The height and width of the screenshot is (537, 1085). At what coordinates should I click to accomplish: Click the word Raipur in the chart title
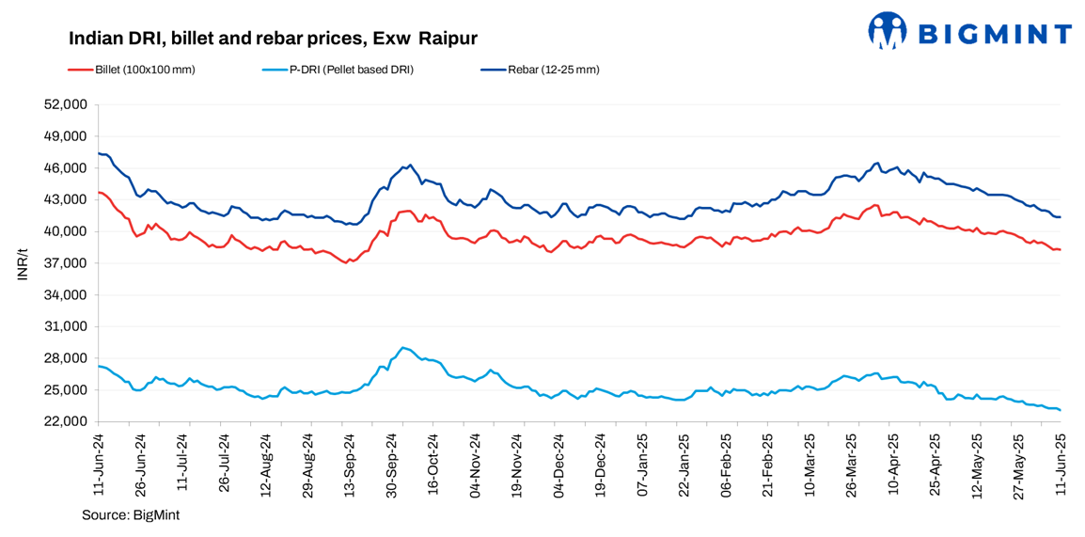pos(448,39)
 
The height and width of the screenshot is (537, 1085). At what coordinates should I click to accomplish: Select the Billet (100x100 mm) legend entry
pos(142,70)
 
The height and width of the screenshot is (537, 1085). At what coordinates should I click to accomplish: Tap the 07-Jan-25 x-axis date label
pos(643,464)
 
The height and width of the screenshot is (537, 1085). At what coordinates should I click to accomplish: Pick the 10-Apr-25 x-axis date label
pos(893,464)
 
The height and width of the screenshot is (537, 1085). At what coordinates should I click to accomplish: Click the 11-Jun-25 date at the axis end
pos(1061,464)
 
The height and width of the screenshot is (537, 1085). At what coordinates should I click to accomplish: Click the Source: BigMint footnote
pos(130,515)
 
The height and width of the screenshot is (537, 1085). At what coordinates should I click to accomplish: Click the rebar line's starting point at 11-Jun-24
pos(99,153)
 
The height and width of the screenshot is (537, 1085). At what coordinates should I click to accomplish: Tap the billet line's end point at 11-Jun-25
pos(1061,249)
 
